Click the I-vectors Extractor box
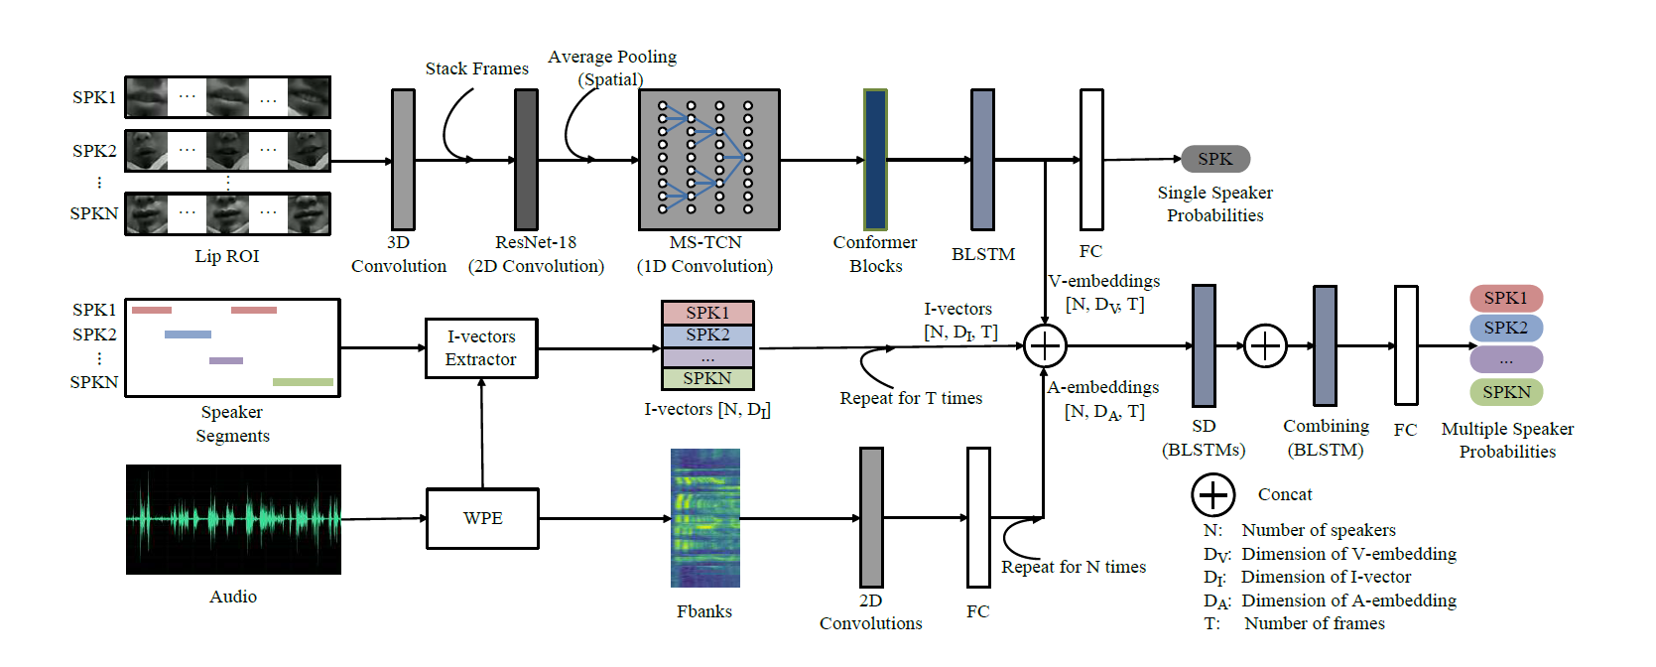[481, 348]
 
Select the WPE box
[482, 518]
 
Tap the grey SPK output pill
[1214, 159]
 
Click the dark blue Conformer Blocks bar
[875, 160]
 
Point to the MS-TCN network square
[708, 160]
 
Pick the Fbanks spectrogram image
[704, 518]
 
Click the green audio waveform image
[233, 519]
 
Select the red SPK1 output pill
[1505, 298]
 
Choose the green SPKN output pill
[1505, 392]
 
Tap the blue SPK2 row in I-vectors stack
[707, 335]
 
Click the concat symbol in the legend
[1212, 494]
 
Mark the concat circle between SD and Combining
[1265, 345]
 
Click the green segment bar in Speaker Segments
[303, 382]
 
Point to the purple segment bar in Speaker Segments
[226, 360]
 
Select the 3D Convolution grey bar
[403, 160]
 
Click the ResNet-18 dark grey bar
[526, 160]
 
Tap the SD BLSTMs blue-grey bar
[1204, 345]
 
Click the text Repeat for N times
[1073, 567]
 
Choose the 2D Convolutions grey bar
[871, 517]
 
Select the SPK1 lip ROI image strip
[227, 97]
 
